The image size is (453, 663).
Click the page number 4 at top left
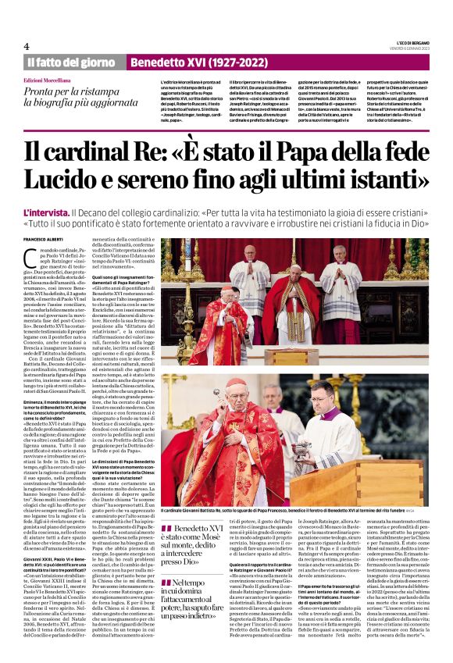(27, 45)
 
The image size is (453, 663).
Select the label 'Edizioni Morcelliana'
(53, 80)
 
